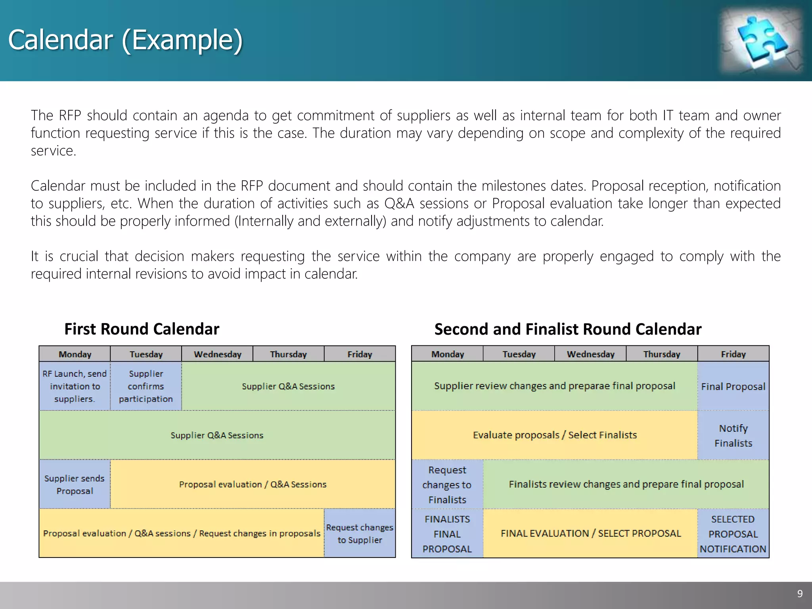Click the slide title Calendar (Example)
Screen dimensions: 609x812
click(x=125, y=40)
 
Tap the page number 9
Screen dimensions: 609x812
click(x=800, y=594)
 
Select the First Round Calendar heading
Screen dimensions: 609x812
click(x=142, y=329)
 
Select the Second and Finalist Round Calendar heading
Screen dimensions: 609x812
click(x=568, y=329)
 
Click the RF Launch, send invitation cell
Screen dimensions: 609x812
click(x=75, y=386)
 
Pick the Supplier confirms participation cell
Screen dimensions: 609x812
click(x=146, y=386)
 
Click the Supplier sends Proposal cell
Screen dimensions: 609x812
click(x=75, y=485)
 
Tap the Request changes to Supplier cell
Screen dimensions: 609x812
click(x=360, y=533)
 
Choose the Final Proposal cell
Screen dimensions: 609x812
click(x=733, y=386)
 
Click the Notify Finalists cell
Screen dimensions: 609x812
click(x=733, y=435)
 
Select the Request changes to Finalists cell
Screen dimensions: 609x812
click(x=447, y=485)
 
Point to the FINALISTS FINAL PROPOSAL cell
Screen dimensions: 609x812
click(x=447, y=534)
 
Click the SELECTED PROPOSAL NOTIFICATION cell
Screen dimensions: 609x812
click(x=733, y=534)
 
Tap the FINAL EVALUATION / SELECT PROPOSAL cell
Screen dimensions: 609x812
click(x=590, y=534)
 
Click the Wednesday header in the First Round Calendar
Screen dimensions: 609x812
click(x=217, y=354)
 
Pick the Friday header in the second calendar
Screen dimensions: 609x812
click(x=733, y=354)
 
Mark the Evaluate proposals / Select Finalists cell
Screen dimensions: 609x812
click(x=554, y=435)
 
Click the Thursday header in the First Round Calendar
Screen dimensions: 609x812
click(x=288, y=354)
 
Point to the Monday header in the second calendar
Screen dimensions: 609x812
click(x=447, y=354)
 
